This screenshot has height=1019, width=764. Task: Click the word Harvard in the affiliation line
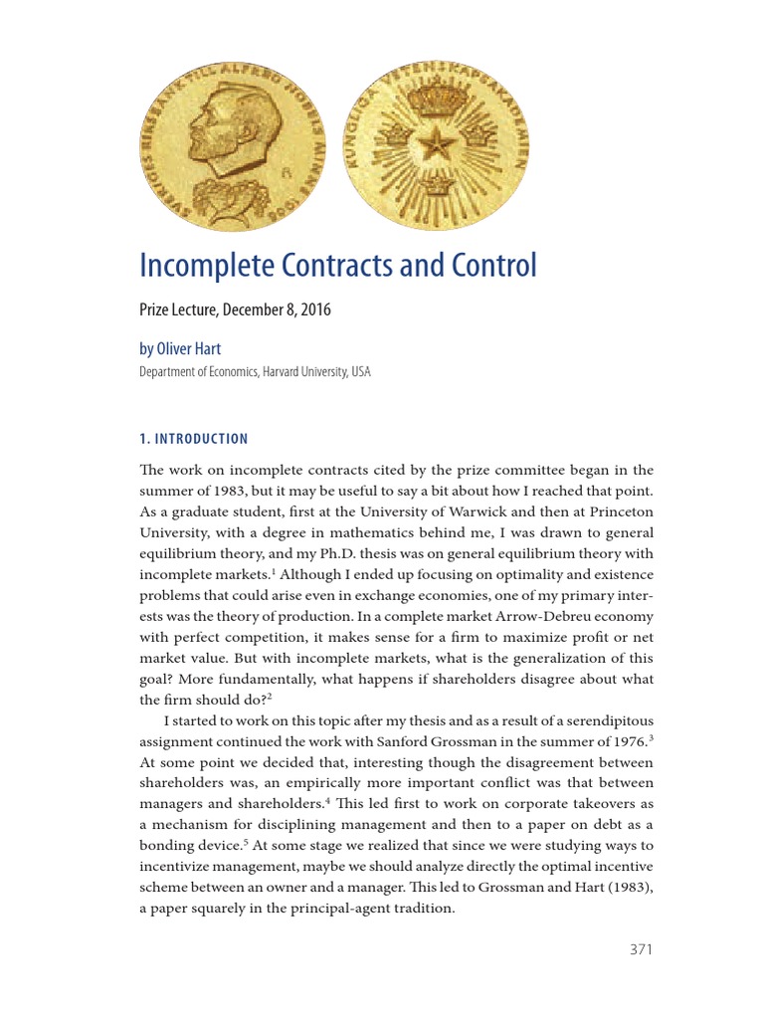[x=263, y=372]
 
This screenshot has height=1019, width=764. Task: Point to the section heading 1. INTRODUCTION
[x=194, y=439]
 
